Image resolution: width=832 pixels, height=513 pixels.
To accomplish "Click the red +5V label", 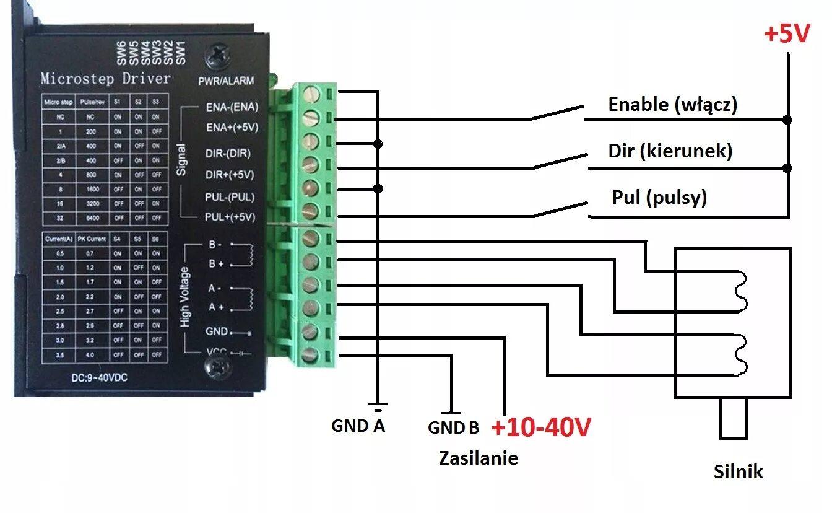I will coord(787,34).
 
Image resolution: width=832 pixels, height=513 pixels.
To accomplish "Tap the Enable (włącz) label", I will coord(673,105).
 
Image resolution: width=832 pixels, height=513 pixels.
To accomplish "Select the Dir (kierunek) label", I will coord(670,151).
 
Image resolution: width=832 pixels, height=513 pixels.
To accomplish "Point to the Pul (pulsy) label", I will coord(659,198).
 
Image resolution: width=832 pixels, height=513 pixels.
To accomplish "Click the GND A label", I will coord(358,426).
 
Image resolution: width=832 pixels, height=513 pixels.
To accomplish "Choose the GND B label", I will coord(453,427).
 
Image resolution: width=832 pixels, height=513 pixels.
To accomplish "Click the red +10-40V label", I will coord(541,427).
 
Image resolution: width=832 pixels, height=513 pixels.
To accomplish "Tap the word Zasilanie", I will coord(479,458).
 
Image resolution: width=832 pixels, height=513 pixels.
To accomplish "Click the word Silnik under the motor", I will coord(738,472).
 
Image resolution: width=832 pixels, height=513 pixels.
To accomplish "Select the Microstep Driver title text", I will coord(105,79).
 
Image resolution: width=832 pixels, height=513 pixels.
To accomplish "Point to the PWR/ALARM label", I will coord(225,81).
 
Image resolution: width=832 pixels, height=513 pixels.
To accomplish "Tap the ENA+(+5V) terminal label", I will coord(232,128).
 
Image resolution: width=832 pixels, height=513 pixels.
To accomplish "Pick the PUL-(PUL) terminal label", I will coord(230,197).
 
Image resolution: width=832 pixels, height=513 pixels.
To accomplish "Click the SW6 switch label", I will coord(121,53).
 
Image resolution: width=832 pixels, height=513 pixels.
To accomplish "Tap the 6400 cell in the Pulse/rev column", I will coord(93,217).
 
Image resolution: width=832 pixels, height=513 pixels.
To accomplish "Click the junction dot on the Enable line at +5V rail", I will coord(787,120).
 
